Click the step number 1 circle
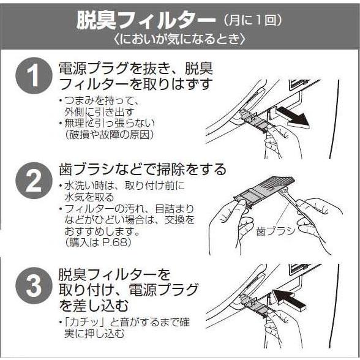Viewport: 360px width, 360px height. (x=34, y=76)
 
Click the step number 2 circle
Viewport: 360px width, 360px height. (x=34, y=181)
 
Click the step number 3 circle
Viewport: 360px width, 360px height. (x=34, y=286)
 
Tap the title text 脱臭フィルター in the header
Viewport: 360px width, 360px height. (x=146, y=20)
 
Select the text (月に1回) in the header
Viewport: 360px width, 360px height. (x=252, y=20)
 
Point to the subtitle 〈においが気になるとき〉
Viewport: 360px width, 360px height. (x=180, y=39)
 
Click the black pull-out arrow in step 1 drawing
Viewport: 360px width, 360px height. (x=293, y=117)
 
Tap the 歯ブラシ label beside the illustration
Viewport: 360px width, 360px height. (x=276, y=231)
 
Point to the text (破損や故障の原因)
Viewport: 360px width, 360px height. (x=110, y=135)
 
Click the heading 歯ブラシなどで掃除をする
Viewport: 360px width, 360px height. (x=143, y=170)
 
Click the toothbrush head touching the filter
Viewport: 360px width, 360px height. (x=284, y=190)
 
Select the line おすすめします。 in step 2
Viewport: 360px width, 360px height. (x=102, y=231)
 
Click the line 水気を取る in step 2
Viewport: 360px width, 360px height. (x=89, y=197)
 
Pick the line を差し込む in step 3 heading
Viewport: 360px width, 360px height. (x=94, y=306)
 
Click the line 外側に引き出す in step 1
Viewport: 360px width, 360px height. (x=99, y=112)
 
